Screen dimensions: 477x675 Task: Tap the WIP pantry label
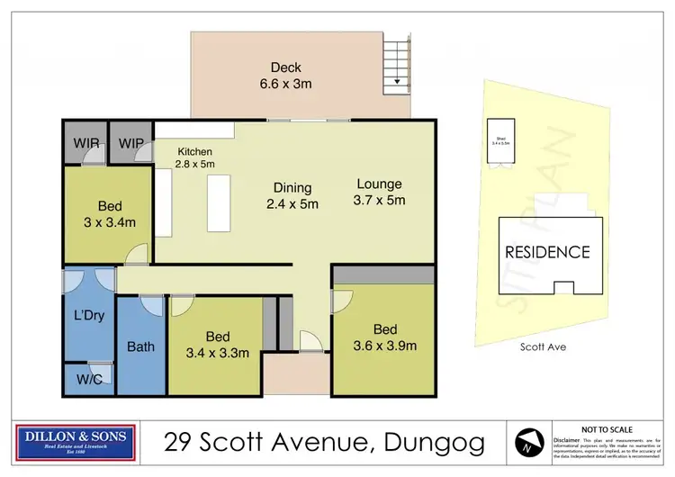pos(131,141)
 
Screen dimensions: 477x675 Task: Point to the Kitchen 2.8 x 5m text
pos(195,157)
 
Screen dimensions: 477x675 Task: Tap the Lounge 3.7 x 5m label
pos(380,191)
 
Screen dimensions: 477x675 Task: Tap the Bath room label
pos(140,346)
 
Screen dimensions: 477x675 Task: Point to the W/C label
pos(88,378)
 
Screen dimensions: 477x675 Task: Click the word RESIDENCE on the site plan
pos(546,252)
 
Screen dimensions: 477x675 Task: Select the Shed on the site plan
pos(499,141)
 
